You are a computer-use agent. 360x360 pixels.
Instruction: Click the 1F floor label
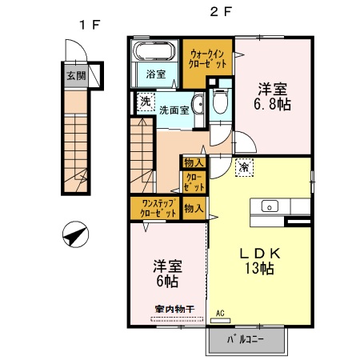coord(88,24)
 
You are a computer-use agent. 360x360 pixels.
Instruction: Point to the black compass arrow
coord(74,236)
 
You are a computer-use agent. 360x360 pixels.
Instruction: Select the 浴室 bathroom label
coord(156,74)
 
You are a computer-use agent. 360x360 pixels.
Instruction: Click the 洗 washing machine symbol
coord(145,102)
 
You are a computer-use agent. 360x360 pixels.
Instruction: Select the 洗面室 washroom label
coord(174,110)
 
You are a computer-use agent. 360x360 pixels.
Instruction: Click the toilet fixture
coord(220,102)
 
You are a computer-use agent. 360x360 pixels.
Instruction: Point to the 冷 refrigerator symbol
coord(244,168)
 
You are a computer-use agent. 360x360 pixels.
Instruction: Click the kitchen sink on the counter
coord(269,205)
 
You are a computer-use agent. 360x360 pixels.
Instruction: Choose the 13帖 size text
coord(258,270)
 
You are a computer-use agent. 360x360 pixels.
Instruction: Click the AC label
coord(220,314)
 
